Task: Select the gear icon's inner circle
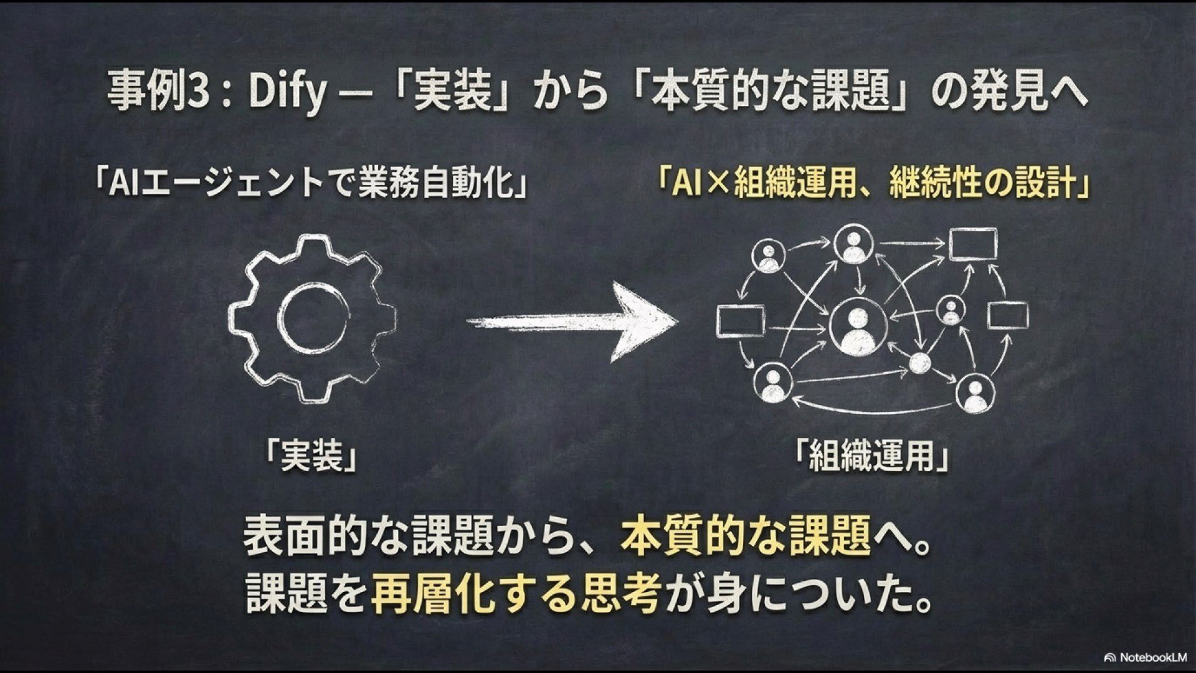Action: pyautogui.click(x=311, y=317)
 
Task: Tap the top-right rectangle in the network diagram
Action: pyautogui.click(x=972, y=244)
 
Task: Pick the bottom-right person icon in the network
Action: pyautogui.click(x=974, y=393)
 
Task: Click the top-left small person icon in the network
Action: pyautogui.click(x=767, y=256)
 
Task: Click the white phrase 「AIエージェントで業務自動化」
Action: pyautogui.click(x=309, y=184)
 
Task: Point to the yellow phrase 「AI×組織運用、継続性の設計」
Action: pyautogui.click(x=873, y=184)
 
